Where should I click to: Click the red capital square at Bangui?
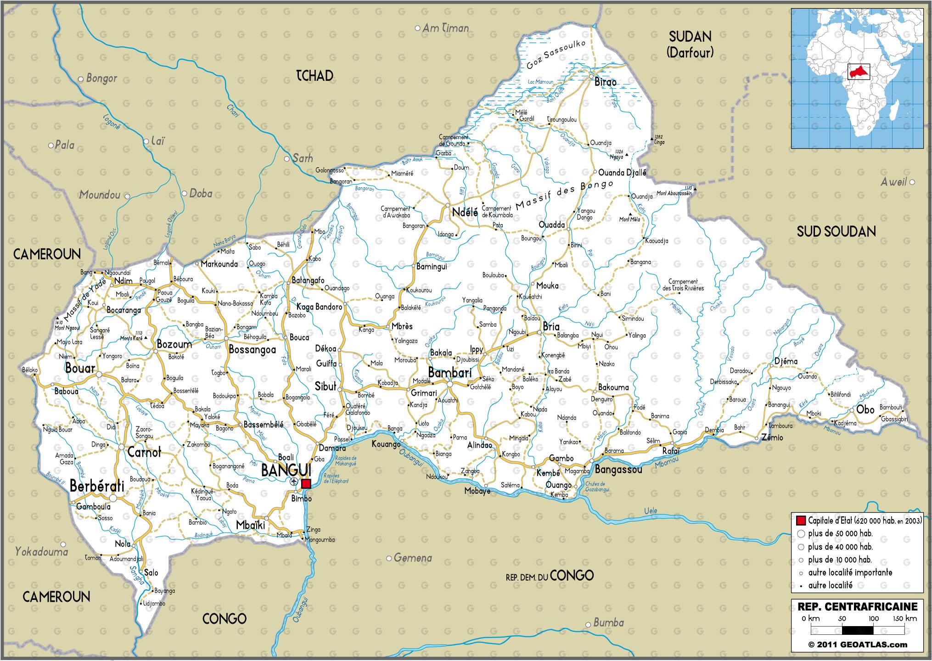[x=306, y=483]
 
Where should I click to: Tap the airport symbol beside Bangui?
[x=294, y=482]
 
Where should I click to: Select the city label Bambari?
[x=449, y=372]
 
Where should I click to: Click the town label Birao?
[x=605, y=82]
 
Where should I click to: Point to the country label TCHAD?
[x=314, y=76]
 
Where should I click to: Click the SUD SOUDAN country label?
[x=836, y=231]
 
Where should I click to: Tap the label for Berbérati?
[x=97, y=486]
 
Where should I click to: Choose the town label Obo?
[x=865, y=409]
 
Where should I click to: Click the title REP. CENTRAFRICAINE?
[x=857, y=607]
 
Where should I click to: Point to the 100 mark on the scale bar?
[x=873, y=618]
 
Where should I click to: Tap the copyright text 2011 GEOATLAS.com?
[x=858, y=644]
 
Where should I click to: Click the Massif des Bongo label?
[x=564, y=196]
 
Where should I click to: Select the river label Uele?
[x=650, y=510]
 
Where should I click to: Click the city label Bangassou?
[x=618, y=470]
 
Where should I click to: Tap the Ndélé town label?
[x=465, y=212]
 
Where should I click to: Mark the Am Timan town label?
[x=445, y=28]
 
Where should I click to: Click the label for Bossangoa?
[x=252, y=350]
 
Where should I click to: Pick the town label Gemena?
[x=412, y=558]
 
